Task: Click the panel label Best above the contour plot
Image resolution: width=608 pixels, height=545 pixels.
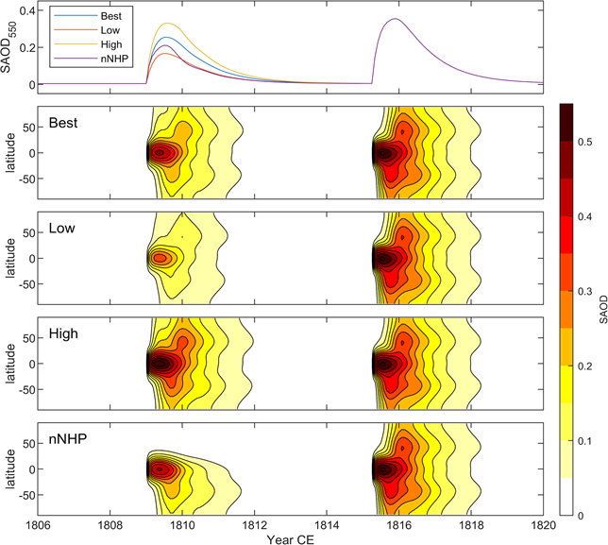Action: point(62,124)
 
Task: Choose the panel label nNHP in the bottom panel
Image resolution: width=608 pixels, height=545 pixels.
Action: point(65,438)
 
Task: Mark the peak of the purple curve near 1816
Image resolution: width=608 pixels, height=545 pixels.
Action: point(395,19)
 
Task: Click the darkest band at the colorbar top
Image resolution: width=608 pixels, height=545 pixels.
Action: point(569,111)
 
